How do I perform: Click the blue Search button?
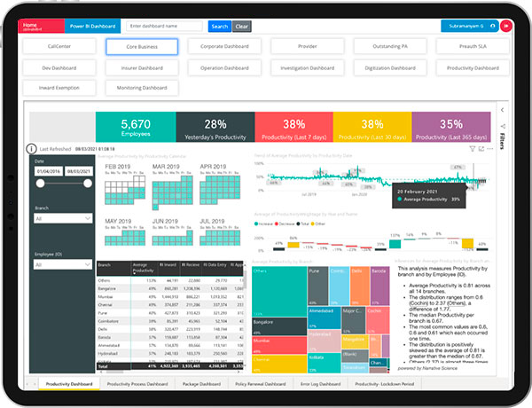[x=220, y=27]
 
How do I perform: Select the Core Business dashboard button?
[x=142, y=46]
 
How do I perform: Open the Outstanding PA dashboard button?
[x=388, y=46]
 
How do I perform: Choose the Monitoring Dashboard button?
[x=142, y=88]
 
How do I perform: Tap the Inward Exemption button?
[x=59, y=88]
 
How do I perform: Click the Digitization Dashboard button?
[x=388, y=67]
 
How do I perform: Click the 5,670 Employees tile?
[x=136, y=127]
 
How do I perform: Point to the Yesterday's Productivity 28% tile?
[x=215, y=127]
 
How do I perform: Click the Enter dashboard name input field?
[x=166, y=27]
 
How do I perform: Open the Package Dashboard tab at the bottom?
[x=201, y=384]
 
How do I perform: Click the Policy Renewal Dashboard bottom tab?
[x=260, y=384]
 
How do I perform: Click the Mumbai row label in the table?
[x=105, y=296]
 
